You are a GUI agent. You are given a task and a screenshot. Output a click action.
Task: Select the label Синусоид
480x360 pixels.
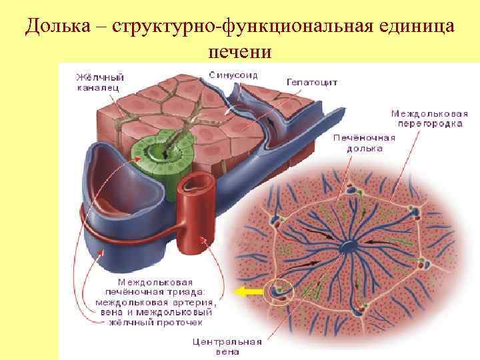[x=233, y=74]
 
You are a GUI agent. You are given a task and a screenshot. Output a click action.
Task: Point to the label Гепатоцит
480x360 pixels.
[x=312, y=82]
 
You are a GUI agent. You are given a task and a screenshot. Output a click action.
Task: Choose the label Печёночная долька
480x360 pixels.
[x=364, y=143]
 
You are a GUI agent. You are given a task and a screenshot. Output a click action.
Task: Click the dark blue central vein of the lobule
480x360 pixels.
[x=349, y=247]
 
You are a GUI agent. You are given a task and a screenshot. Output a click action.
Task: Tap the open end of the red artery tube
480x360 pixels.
[x=197, y=181]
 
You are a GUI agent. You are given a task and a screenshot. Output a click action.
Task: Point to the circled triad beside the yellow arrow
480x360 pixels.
[x=279, y=292]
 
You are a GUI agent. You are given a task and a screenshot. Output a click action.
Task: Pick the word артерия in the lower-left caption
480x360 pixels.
[x=190, y=301]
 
